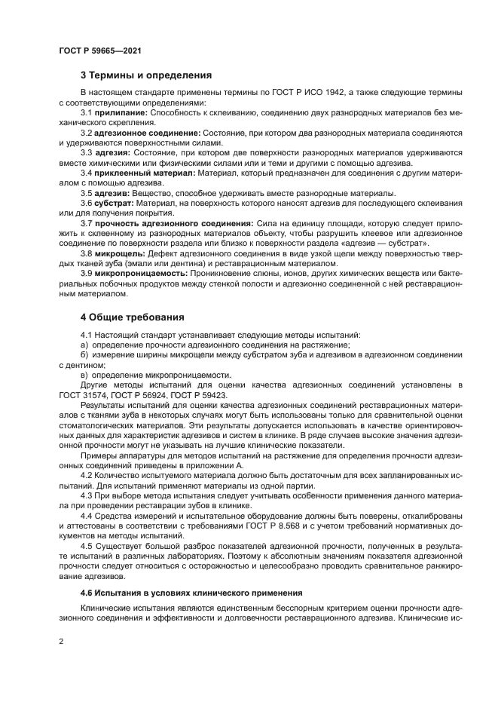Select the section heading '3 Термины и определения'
(x=145, y=75)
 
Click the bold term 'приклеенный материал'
(x=146, y=173)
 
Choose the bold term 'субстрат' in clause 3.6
(x=114, y=203)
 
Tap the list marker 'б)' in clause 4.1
(x=84, y=354)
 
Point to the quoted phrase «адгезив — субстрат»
(x=393, y=243)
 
